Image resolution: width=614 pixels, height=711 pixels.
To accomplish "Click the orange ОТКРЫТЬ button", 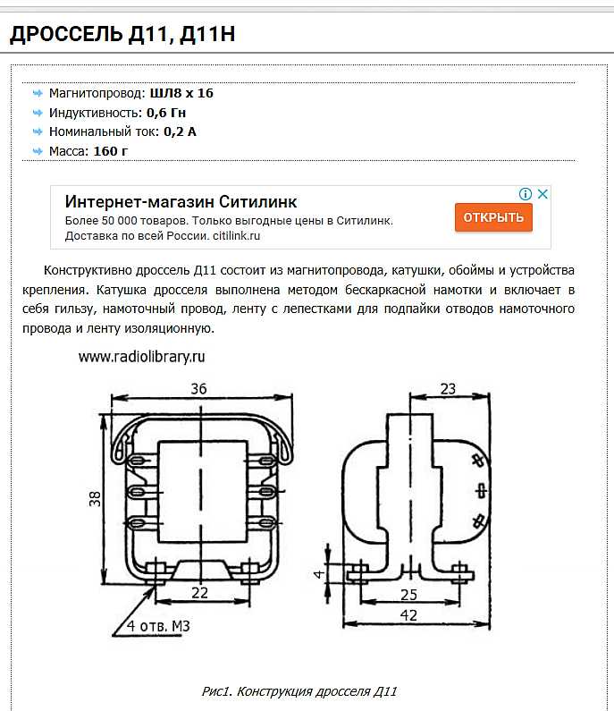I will coord(493,217).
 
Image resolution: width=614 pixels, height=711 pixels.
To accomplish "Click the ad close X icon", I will coord(542,194).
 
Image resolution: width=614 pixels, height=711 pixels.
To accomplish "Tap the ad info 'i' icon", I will coord(526,194).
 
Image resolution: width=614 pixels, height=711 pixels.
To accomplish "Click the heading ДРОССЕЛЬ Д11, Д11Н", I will coord(122,35).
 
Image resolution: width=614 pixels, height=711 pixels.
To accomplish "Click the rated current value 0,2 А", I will coord(180,131).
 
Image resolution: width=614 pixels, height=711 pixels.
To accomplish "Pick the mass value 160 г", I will coord(110,151).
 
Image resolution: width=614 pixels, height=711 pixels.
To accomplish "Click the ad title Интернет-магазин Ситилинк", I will coord(181,201).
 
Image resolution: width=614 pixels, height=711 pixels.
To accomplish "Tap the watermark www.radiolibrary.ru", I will coord(142,356).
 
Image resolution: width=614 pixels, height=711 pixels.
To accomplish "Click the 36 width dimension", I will coord(199,389).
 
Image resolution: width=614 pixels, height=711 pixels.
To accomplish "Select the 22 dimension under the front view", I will coord(199,593).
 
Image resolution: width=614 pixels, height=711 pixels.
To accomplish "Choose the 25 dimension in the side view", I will coord(408,594).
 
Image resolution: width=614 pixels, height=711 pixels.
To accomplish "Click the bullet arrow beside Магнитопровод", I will coord(37,92).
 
